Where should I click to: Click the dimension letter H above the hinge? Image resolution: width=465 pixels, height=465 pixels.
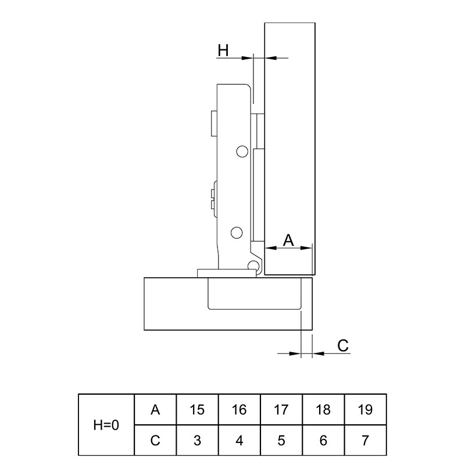pos(223,50)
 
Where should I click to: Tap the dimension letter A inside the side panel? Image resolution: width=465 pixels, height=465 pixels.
pos(288,240)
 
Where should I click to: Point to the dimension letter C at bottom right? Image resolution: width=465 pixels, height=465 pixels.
pos(343,345)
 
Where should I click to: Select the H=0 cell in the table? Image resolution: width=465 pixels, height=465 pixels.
pos(106,425)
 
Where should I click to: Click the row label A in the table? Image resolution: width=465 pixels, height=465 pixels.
pos(155,410)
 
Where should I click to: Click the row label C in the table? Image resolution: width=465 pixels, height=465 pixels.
pos(155,441)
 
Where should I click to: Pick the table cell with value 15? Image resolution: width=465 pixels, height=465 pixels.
pos(197,410)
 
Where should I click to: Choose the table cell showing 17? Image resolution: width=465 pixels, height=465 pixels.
pos(281,410)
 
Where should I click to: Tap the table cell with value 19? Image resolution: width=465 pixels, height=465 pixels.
pos(366,410)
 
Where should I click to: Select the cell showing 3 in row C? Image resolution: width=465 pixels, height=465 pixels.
pos(197,441)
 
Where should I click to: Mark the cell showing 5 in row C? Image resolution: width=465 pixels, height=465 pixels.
pos(281,441)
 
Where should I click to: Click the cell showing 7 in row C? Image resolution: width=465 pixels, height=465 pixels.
pos(366,441)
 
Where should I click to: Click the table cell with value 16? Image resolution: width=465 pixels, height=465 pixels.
pos(239,410)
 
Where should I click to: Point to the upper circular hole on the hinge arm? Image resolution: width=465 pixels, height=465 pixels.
pos(242,152)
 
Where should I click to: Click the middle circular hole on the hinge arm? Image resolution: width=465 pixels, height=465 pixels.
pos(237,233)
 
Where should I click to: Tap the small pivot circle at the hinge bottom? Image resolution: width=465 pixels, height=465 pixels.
pos(253,265)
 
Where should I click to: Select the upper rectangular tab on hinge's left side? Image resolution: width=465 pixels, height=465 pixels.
pos(214,123)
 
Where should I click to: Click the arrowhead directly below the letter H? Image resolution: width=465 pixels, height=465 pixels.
pos(248,58)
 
